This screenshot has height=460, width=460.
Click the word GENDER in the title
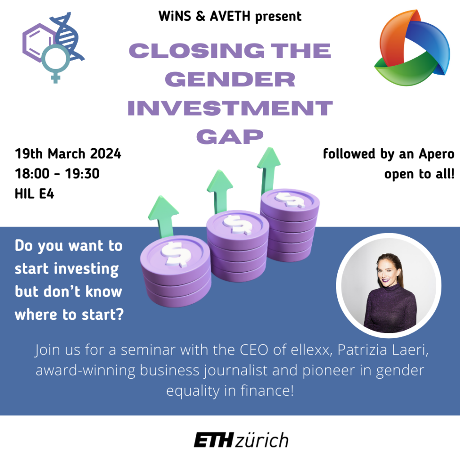(x=230, y=79)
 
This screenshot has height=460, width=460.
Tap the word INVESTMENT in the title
(x=230, y=108)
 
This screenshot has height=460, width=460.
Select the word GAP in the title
(x=230, y=137)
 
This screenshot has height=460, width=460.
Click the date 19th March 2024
(x=68, y=154)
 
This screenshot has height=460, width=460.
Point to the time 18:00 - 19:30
(x=57, y=174)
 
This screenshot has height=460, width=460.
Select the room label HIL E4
(x=34, y=194)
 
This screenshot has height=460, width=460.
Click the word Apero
(x=437, y=155)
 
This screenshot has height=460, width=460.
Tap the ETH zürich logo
(x=241, y=440)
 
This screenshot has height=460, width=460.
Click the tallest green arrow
(x=269, y=170)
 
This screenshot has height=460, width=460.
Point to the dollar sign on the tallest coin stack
(x=290, y=200)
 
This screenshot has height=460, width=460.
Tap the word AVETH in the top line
(x=230, y=17)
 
